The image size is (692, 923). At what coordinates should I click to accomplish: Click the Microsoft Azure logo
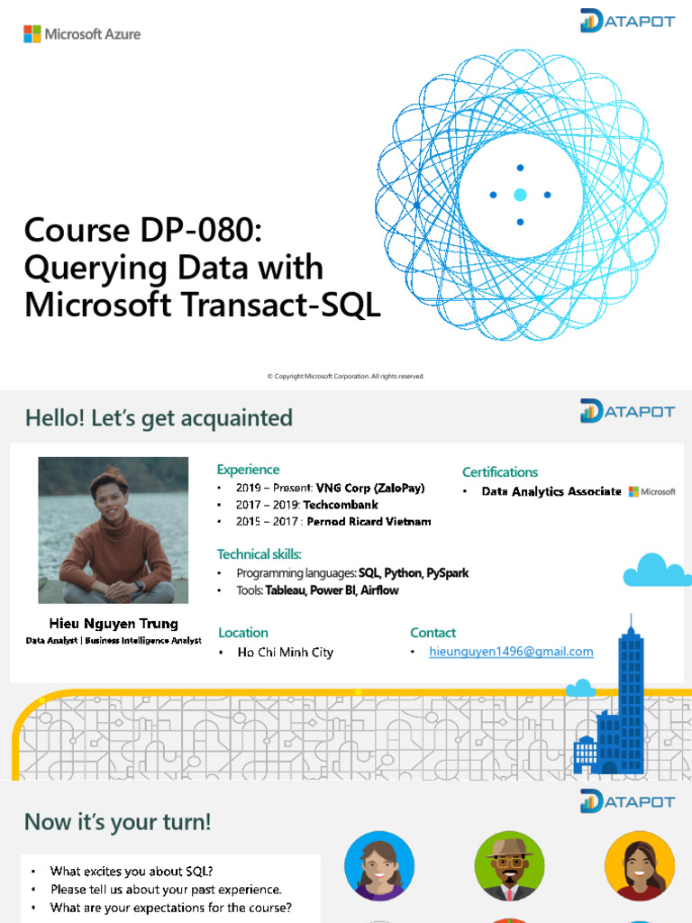(x=81, y=34)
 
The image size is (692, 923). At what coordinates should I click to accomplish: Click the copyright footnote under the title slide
(x=346, y=376)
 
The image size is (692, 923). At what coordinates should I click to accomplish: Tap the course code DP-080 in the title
(x=199, y=232)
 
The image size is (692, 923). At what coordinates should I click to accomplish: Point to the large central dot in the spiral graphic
(x=520, y=195)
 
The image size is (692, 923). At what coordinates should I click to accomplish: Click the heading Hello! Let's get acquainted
(x=159, y=418)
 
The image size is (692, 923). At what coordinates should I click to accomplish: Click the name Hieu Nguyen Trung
(x=114, y=624)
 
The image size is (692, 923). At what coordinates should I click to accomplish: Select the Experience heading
(x=248, y=470)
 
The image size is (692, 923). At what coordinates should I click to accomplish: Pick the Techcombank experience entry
(x=307, y=505)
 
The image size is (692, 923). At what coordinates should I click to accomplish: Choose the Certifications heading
(x=499, y=472)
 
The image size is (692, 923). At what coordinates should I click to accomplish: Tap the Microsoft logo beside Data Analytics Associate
(x=651, y=491)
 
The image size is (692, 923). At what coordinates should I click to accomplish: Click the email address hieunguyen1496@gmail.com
(x=511, y=652)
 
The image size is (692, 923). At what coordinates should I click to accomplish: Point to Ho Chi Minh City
(x=285, y=652)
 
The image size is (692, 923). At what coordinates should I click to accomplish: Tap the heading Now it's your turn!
(x=117, y=822)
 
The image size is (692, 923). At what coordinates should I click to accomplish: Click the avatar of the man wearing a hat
(x=509, y=865)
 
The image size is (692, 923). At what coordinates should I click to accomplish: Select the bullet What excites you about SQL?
(x=132, y=871)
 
